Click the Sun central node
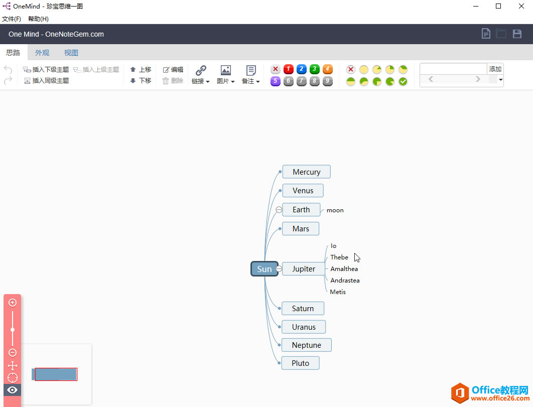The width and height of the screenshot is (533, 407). (x=264, y=269)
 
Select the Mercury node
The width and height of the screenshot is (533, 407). (x=306, y=172)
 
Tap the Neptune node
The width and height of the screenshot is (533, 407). (x=306, y=345)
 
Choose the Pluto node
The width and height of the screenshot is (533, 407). (x=300, y=363)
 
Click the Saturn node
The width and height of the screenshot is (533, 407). (x=303, y=309)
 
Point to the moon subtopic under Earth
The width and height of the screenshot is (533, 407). (x=335, y=210)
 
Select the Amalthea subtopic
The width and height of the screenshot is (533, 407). (x=344, y=269)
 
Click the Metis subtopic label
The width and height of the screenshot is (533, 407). (x=338, y=292)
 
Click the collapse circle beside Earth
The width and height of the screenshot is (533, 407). (x=279, y=210)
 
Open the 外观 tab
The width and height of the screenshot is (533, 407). (x=42, y=53)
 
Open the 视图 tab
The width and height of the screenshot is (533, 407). (x=71, y=53)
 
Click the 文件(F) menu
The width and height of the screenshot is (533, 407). (x=12, y=19)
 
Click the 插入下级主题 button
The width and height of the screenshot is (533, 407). (x=46, y=70)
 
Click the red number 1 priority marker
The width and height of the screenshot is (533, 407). (x=289, y=69)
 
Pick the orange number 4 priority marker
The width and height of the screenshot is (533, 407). (x=328, y=69)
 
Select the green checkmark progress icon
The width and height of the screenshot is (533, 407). (x=403, y=81)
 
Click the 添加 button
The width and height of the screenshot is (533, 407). (x=495, y=69)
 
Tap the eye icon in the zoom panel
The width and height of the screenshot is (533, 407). (x=13, y=390)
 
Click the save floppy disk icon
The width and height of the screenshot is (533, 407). (x=517, y=34)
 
